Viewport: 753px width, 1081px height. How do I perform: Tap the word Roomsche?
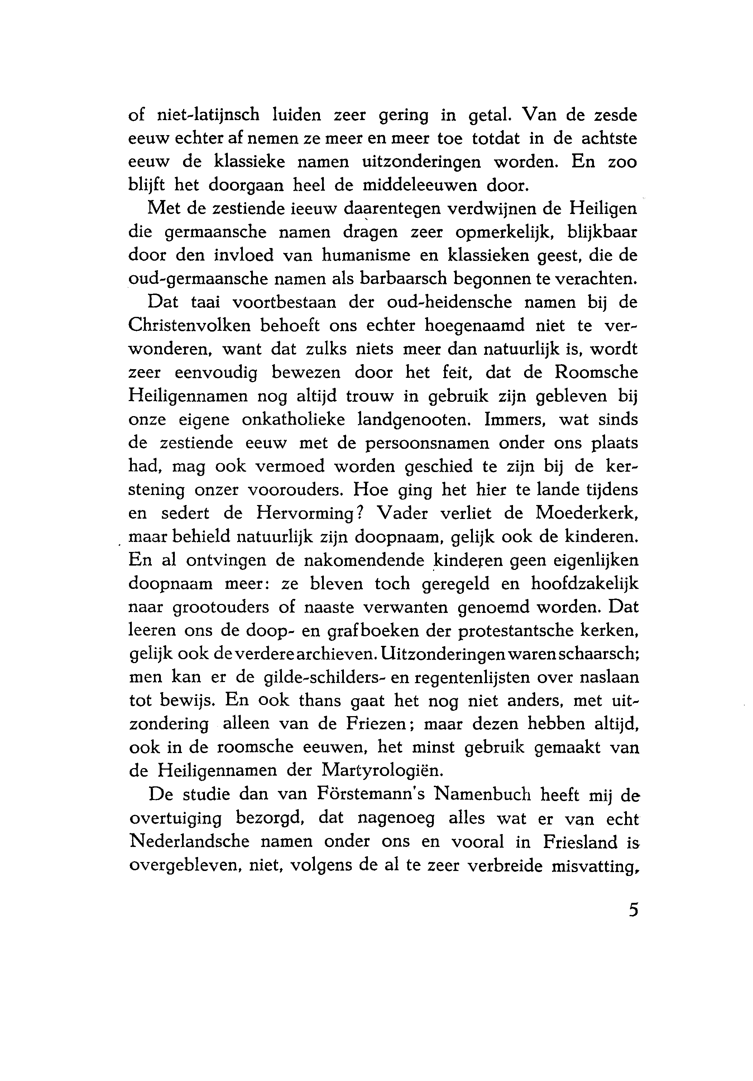coord(596,372)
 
